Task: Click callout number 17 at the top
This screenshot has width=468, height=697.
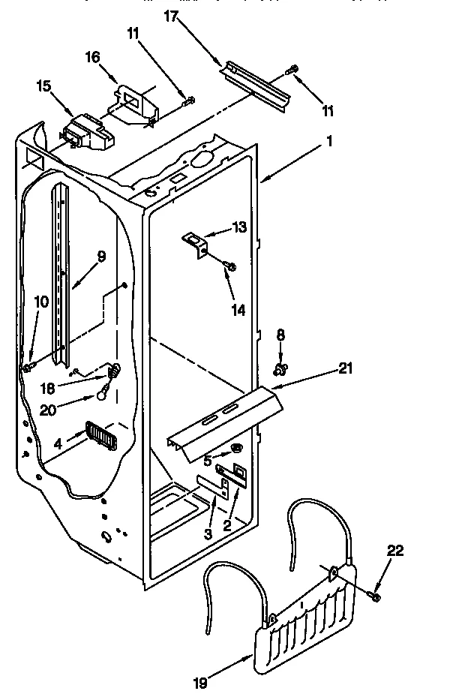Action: coord(171,16)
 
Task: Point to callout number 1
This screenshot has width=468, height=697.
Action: coord(329,140)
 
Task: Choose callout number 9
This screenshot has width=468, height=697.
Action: coord(100,256)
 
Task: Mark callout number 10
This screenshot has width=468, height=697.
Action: coord(41,302)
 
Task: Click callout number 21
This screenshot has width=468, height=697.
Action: coord(344,368)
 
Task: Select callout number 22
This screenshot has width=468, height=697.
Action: coord(396,551)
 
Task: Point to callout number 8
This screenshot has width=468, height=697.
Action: coord(281,335)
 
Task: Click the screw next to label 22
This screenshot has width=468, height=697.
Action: coord(374,595)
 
